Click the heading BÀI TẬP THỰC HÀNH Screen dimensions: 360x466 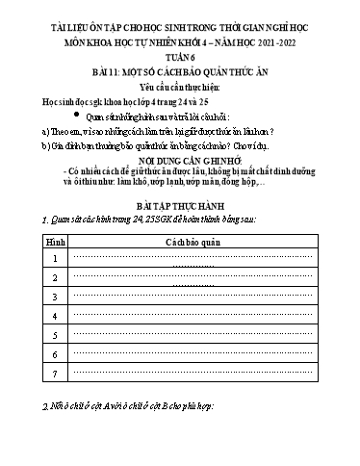[181, 206]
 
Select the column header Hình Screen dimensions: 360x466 [29, 245]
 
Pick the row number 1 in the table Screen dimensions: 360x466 [29, 260]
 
